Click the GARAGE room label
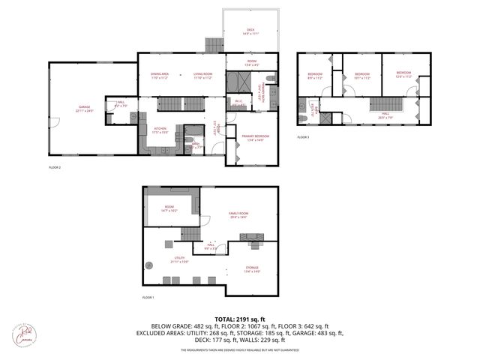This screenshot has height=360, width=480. coord(83,107)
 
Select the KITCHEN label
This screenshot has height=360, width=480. coord(160,129)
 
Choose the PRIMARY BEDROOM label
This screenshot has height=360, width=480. coord(256,136)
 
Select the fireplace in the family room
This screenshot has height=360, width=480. coord(250,237)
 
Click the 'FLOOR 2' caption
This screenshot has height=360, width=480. coord(54,167)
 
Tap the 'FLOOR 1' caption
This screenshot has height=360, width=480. coord(148,298)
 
